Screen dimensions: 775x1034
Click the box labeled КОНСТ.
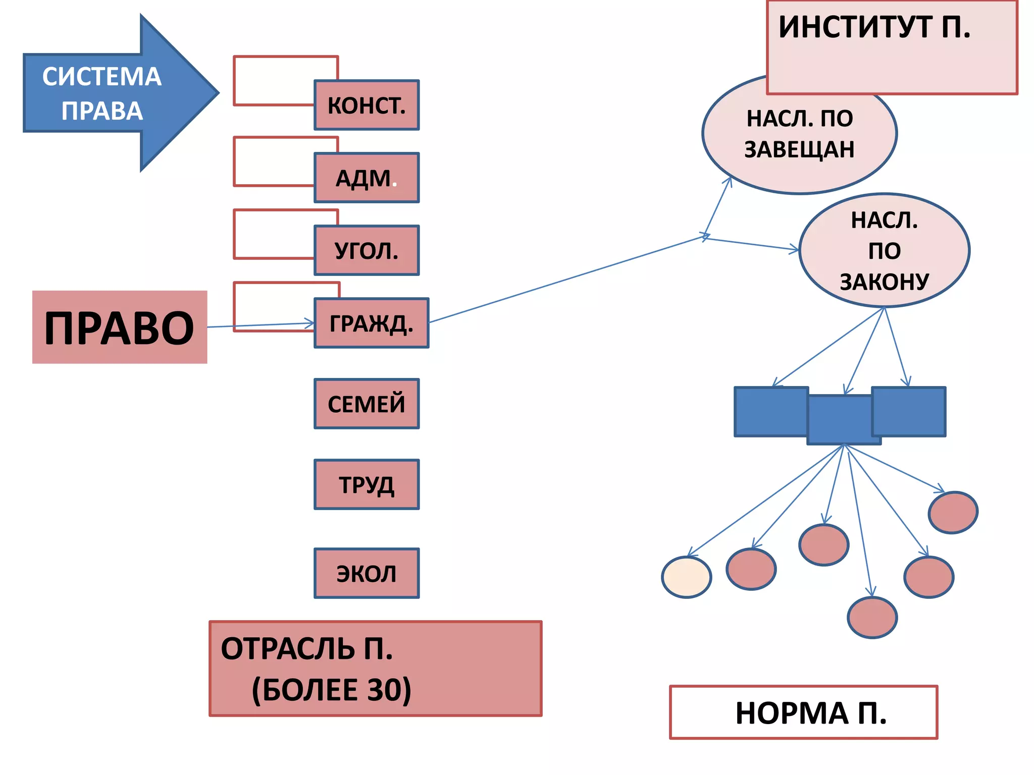[367, 105]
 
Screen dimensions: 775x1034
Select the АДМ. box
[367, 178]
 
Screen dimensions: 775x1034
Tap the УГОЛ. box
[367, 251]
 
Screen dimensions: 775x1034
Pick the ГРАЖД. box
[371, 323]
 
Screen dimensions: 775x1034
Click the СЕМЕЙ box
[367, 404]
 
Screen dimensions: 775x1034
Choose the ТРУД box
[367, 485]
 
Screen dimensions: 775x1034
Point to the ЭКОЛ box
[367, 574]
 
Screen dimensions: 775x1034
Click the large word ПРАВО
[120, 327]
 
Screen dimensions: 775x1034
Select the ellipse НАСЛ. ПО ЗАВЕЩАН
[799, 134]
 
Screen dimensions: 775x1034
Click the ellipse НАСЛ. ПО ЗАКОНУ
[884, 251]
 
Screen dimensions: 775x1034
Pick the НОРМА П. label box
[804, 712]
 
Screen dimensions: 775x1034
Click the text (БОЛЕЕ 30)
[332, 689]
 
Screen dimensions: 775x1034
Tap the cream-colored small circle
[686, 577]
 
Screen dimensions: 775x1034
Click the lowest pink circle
[872, 618]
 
